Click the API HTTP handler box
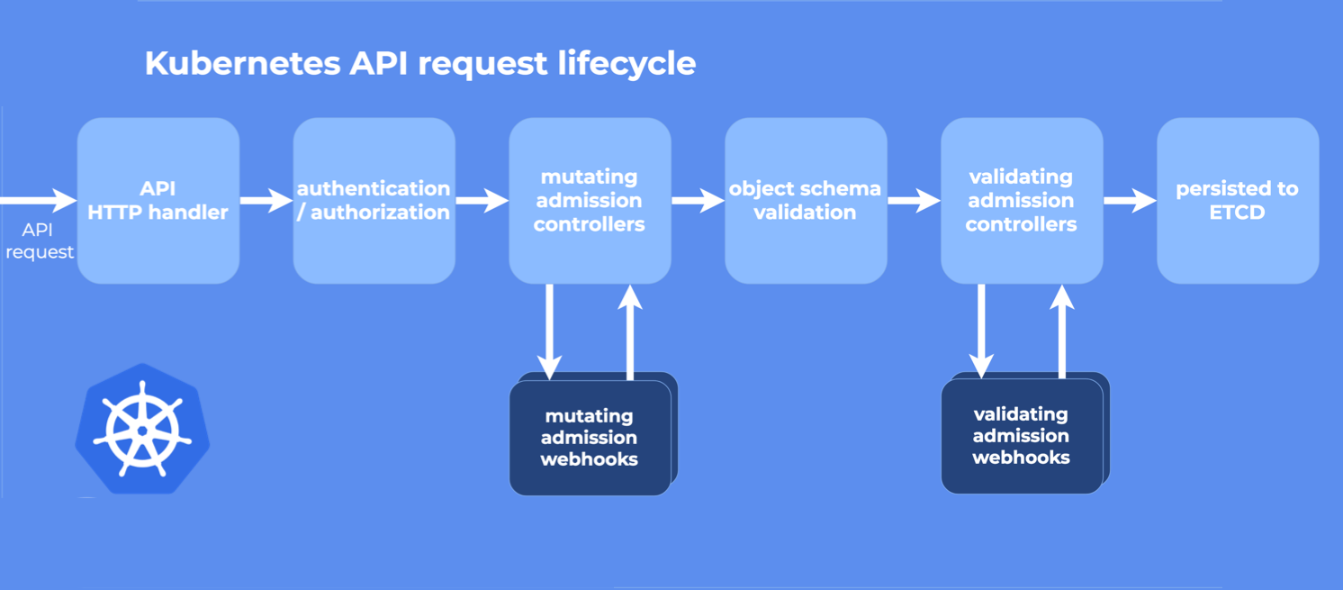tap(158, 200)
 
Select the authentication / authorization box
tap(374, 200)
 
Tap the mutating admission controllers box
tap(590, 200)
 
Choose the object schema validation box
tap(806, 200)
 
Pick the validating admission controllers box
tap(1022, 200)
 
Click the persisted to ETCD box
tap(1238, 200)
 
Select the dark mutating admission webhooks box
tap(590, 438)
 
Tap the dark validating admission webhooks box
tap(1022, 436)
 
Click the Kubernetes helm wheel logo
tap(142, 429)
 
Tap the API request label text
tap(39, 241)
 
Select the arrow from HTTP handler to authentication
tap(266, 200)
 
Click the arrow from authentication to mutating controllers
tap(482, 200)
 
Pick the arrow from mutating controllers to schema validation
tap(699, 200)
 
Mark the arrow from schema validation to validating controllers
tap(915, 200)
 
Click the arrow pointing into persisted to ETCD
tap(1131, 200)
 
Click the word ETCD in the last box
tap(1238, 213)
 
